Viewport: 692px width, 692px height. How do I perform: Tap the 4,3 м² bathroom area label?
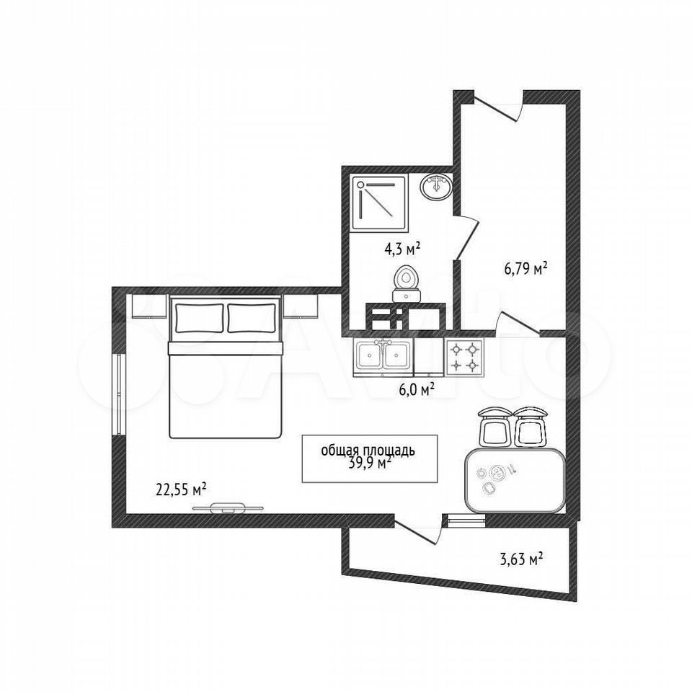click(x=402, y=249)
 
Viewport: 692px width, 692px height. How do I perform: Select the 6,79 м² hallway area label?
click(x=526, y=268)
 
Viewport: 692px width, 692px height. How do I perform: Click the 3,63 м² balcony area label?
click(x=521, y=559)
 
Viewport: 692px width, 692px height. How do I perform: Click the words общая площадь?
click(x=368, y=451)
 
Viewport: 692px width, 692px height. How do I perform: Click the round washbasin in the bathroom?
click(x=435, y=186)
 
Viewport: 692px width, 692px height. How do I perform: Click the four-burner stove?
click(x=465, y=357)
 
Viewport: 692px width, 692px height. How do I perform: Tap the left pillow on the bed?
click(x=199, y=318)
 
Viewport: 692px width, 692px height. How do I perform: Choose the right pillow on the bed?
click(x=252, y=318)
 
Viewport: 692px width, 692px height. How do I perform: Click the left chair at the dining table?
click(x=494, y=427)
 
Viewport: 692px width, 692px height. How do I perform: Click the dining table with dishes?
click(x=515, y=480)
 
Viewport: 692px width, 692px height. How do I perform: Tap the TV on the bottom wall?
click(x=228, y=508)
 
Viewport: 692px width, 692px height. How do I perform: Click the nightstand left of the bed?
click(x=149, y=306)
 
